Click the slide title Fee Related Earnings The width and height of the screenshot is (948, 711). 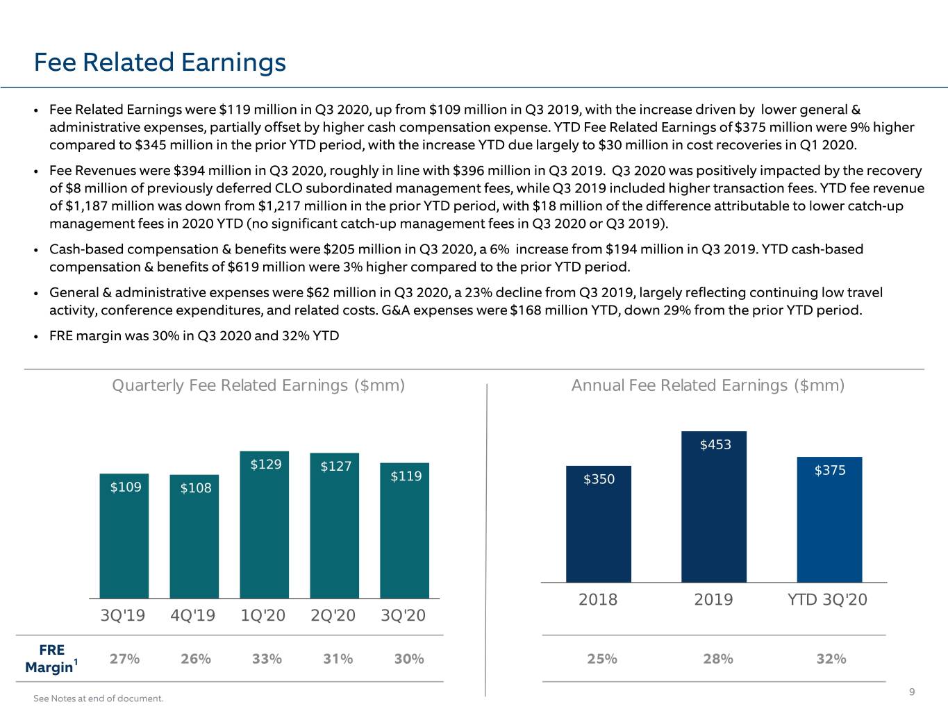point(160,62)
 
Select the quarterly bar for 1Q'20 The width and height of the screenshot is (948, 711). point(265,524)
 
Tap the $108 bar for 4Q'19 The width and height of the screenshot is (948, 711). point(194,537)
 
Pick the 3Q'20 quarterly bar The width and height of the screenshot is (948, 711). point(405,530)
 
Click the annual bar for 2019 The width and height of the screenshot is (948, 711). point(714,507)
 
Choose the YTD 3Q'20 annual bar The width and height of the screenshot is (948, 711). point(830,520)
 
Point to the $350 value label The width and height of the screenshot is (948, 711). point(599,479)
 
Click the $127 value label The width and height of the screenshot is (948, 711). point(336,466)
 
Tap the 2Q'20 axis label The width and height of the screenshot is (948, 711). point(333,615)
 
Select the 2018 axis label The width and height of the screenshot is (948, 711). point(598,600)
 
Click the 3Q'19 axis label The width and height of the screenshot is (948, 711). point(123,615)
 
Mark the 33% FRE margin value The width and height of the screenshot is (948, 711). point(267,659)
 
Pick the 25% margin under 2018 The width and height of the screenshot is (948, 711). point(602,659)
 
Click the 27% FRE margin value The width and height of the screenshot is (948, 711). point(124,659)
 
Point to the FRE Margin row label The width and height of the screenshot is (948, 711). point(51,659)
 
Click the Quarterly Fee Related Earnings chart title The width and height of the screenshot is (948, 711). point(258,385)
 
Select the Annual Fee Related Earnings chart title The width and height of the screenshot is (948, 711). point(708,385)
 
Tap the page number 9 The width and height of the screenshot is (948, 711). point(912,692)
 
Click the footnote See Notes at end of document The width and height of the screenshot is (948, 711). point(99,699)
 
